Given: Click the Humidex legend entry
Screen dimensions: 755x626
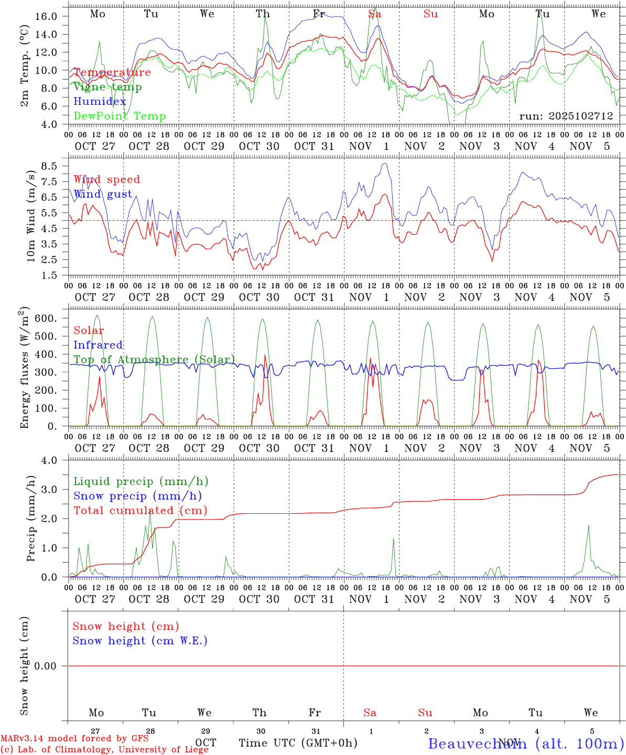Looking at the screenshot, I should (x=100, y=102).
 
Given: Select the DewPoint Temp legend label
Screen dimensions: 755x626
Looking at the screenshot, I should (x=120, y=116).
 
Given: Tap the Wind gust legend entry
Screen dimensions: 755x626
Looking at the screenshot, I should (x=103, y=195).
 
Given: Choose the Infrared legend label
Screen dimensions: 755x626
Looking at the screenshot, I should (x=98, y=345).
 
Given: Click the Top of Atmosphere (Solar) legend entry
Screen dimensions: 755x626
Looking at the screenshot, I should (x=154, y=360).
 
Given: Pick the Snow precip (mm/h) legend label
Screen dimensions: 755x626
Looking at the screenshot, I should (x=137, y=496).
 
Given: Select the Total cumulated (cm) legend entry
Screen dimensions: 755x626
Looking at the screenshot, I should (x=140, y=511).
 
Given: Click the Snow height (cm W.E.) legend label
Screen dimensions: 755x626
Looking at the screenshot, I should (x=139, y=641).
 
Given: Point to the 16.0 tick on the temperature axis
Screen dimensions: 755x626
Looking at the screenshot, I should (x=46, y=16).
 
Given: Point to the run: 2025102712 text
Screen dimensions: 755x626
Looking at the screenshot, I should (x=566, y=116).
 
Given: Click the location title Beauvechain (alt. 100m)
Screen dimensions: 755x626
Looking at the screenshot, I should (x=526, y=743).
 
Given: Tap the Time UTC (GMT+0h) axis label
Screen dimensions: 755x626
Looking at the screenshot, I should (x=298, y=743).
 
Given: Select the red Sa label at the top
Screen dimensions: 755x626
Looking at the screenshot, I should (x=374, y=14).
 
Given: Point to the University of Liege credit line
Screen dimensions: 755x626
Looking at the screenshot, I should (x=104, y=750).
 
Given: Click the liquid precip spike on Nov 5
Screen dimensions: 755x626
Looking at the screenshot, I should (x=588, y=526).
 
